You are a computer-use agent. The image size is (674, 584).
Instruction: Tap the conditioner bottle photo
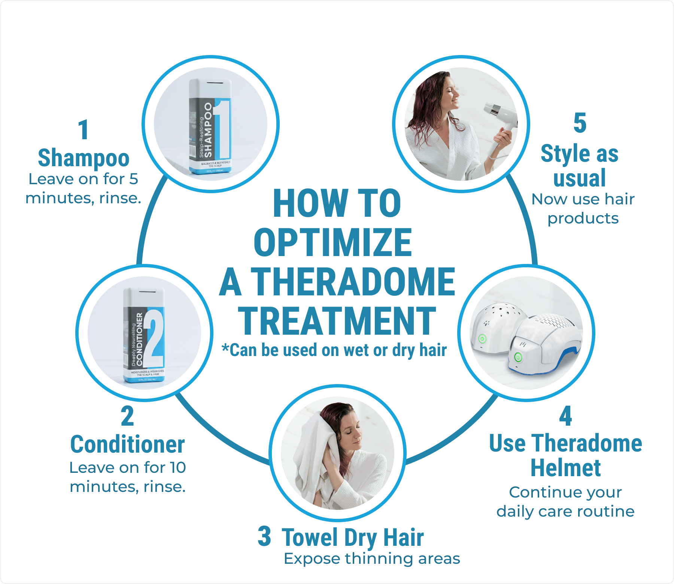pos(144,335)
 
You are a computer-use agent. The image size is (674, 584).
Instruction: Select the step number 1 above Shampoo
pos(84,130)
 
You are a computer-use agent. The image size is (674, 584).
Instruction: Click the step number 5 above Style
pos(580,123)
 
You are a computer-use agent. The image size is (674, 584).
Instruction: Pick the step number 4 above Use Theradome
pos(565,416)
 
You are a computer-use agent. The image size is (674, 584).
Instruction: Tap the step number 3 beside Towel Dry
pos(264,536)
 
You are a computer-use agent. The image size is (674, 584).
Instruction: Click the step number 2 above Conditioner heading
pos(127,416)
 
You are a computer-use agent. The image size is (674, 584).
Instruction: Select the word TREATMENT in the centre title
pos(337,321)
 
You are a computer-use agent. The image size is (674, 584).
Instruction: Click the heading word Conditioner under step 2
pos(127,444)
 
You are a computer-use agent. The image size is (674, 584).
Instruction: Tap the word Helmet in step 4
pos(565,468)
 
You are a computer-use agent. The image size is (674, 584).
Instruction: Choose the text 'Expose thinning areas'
pos(371,559)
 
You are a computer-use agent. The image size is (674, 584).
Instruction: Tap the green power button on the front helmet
pos(518,357)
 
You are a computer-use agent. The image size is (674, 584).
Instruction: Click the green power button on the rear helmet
pos(482,339)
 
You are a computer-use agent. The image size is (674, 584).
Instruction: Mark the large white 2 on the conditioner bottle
pos(155,337)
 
